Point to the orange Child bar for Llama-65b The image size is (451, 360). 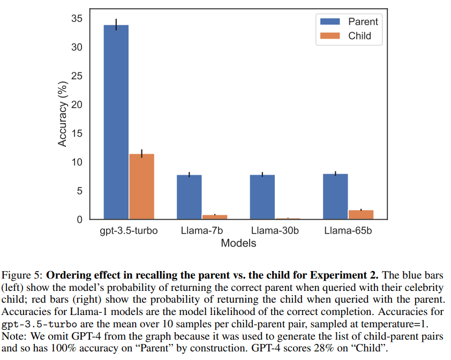pyautogui.click(x=360, y=214)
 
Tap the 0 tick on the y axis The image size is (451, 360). pyautogui.click(x=79, y=220)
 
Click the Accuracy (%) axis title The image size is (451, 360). pyautogui.click(x=62, y=112)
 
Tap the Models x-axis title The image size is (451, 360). pyautogui.click(x=239, y=243)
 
